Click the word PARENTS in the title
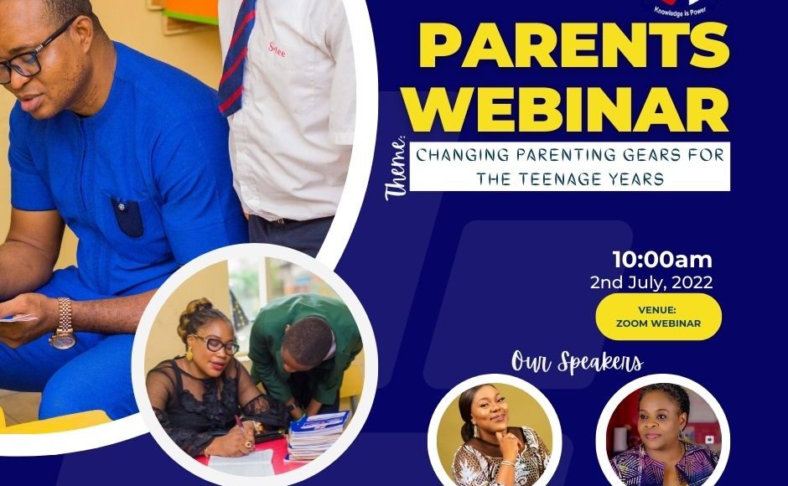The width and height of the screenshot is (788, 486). [x=574, y=45]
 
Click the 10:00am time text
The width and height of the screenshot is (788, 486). [x=662, y=260]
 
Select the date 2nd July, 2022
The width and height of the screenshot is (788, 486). [x=651, y=282]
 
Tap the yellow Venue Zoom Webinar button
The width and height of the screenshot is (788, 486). [x=658, y=317]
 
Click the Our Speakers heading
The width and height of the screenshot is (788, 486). [x=577, y=362]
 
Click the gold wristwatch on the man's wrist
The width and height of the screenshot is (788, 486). [x=64, y=324]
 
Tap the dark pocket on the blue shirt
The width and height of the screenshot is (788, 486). [x=127, y=217]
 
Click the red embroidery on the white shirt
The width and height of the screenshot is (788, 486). [x=277, y=49]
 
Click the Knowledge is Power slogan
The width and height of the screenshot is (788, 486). [x=680, y=11]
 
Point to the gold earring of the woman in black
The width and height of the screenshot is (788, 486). [x=189, y=354]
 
